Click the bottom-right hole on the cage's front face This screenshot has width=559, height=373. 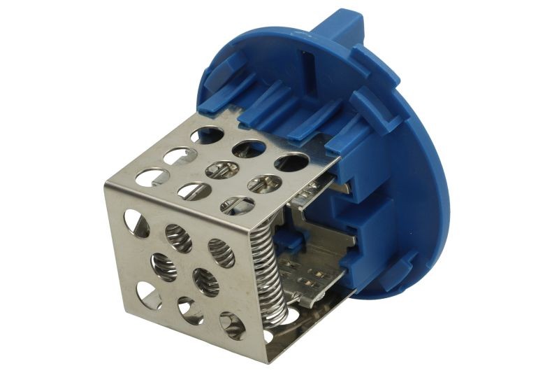click(232, 325)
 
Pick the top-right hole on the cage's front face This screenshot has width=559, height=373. click(222, 253)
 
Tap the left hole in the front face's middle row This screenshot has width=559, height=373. click(164, 267)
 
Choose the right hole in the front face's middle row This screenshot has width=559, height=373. click(205, 281)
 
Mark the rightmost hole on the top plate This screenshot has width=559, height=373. click(291, 162)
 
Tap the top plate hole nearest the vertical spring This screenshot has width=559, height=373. click(238, 205)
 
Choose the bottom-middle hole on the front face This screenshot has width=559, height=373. click(189, 310)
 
